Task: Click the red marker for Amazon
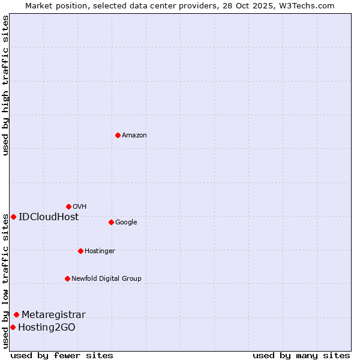pyautogui.click(x=118, y=135)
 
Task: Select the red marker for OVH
pyautogui.click(x=68, y=206)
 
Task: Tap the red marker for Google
pyautogui.click(x=111, y=222)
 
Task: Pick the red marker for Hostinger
pyautogui.click(x=80, y=251)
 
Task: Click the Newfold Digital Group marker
pyautogui.click(x=67, y=278)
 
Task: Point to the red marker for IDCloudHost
pyautogui.click(x=13, y=217)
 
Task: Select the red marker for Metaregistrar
pyautogui.click(x=16, y=314)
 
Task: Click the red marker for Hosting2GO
pyautogui.click(x=13, y=327)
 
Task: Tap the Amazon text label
pyautogui.click(x=134, y=136)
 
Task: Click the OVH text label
pyautogui.click(x=80, y=207)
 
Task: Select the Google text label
pyautogui.click(x=126, y=223)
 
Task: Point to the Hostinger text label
pyautogui.click(x=100, y=251)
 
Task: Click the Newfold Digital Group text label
pyautogui.click(x=106, y=278)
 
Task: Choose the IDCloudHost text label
pyautogui.click(x=49, y=217)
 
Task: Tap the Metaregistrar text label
pyautogui.click(x=53, y=315)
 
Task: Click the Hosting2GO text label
pyautogui.click(x=47, y=328)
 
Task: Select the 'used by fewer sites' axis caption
pyautogui.click(x=62, y=355)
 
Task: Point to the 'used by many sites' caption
pyautogui.click(x=301, y=355)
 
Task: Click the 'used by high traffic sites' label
pyautogui.click(x=5, y=85)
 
